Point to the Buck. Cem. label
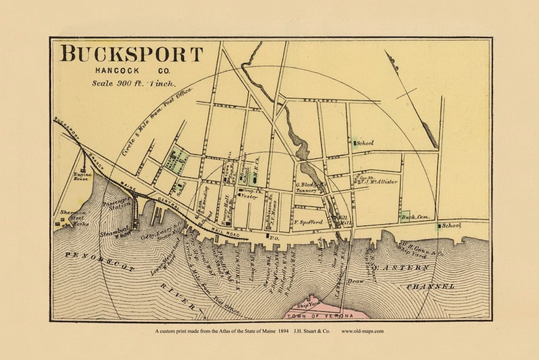tap(413, 217)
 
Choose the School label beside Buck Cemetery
tap(451, 225)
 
